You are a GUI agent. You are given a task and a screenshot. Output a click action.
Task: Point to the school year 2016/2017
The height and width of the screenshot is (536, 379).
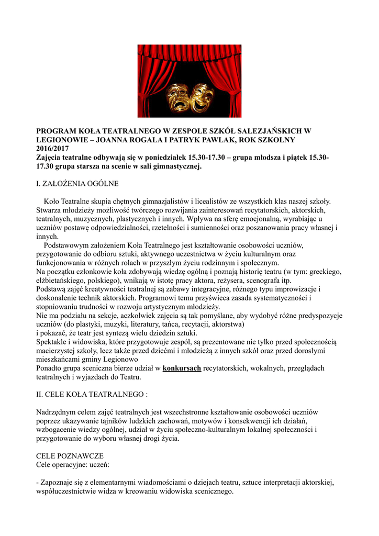[x=52, y=149]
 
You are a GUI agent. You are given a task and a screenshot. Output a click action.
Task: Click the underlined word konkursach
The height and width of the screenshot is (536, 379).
[x=182, y=368]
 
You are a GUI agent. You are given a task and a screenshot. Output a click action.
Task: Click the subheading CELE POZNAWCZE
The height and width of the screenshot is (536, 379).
[x=70, y=456]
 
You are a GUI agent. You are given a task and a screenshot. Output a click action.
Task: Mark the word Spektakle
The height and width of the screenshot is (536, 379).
[x=53, y=342]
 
